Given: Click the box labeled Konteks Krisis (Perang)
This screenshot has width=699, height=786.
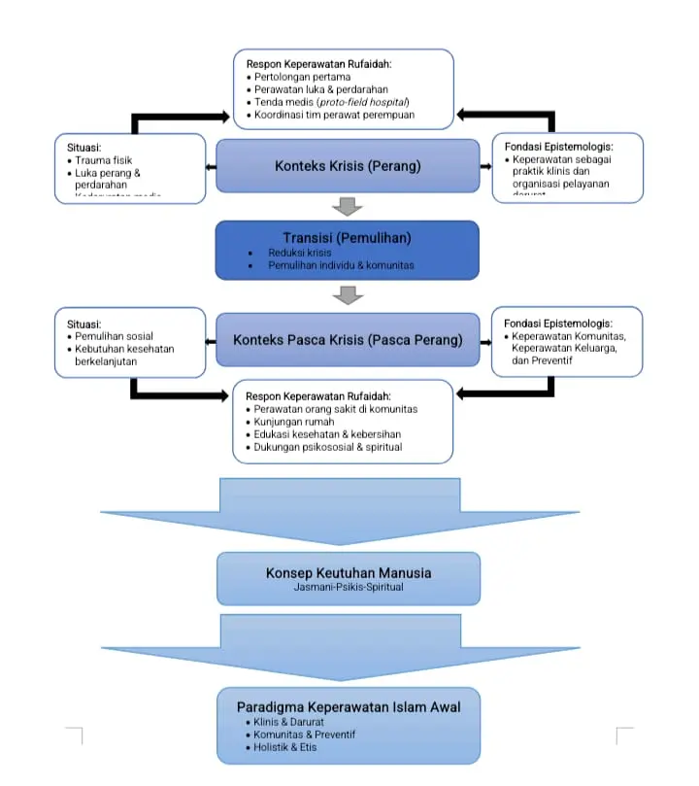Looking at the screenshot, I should point(347,166).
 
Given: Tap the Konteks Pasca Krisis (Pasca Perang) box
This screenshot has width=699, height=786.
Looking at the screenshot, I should point(347,341).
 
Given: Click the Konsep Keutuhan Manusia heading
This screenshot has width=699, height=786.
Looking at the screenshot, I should point(348,572).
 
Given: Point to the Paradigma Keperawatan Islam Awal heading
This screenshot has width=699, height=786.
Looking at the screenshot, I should point(348,706).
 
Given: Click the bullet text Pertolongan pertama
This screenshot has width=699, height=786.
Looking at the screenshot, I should point(302,77).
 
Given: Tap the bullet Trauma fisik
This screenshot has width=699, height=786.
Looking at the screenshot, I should point(104,159).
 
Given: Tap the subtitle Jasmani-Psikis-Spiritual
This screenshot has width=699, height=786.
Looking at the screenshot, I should point(347,588).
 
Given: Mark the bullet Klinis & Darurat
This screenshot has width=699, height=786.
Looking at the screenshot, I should point(285,722).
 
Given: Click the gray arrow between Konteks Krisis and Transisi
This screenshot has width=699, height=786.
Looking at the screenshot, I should point(347,206).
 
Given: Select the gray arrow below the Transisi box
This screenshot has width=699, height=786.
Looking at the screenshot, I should point(347,294).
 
